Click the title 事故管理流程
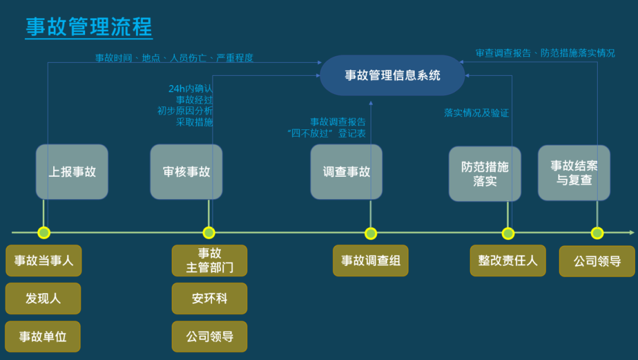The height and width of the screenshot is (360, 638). (x=89, y=27)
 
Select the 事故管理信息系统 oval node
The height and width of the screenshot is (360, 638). (x=392, y=76)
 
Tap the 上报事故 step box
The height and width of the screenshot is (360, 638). (x=72, y=172)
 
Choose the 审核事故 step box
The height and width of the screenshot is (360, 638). (x=186, y=172)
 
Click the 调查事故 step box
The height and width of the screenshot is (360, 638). (x=346, y=172)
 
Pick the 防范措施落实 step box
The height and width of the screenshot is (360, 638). (x=484, y=174)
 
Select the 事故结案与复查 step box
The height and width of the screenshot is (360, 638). (x=574, y=173)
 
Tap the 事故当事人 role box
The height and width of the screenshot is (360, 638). (x=44, y=261)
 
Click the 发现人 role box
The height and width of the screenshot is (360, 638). (x=43, y=299)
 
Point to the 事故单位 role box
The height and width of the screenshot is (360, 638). (x=43, y=337)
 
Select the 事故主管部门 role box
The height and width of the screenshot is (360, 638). (x=209, y=261)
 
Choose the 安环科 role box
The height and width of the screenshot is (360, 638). (x=209, y=299)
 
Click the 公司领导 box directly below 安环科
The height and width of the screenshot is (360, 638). (x=209, y=337)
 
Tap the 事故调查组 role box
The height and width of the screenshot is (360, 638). (x=370, y=261)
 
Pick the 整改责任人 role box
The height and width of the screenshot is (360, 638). (x=507, y=261)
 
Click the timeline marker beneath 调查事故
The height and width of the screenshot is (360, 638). (x=370, y=233)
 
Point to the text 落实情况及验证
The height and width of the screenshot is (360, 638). (x=476, y=113)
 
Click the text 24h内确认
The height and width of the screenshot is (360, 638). (x=190, y=89)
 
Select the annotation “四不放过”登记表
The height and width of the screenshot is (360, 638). (x=326, y=134)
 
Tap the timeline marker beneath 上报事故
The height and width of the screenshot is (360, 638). (x=43, y=233)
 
